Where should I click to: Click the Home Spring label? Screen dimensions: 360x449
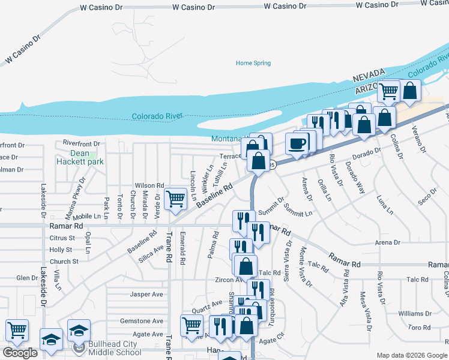click(253, 63)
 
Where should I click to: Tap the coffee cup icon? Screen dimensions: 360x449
click(298, 143)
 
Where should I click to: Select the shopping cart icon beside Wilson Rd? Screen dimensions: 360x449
click(175, 197)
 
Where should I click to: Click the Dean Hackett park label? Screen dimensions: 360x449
click(80, 157)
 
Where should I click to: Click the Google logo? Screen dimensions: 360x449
click(19, 353)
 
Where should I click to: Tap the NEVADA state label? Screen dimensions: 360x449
click(368, 73)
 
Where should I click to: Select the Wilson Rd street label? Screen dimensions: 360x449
click(149, 186)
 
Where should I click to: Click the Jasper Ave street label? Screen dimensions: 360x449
click(147, 294)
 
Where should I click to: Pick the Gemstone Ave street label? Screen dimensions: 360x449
click(142, 321)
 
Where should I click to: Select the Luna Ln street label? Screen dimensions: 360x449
click(384, 204)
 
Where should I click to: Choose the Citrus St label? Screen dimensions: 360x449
click(61, 238)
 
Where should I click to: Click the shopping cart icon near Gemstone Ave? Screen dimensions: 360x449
click(191, 325)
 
